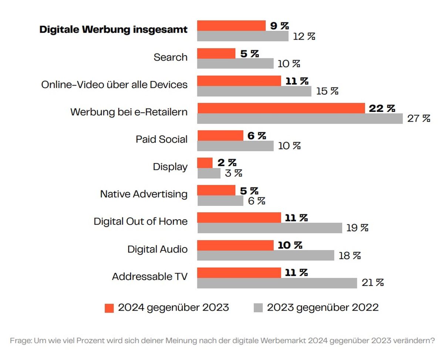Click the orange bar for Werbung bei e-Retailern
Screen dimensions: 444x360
(x=281, y=108)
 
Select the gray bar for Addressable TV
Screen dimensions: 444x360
(x=277, y=283)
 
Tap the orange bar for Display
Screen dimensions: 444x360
(x=205, y=163)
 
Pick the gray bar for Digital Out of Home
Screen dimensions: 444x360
(x=269, y=228)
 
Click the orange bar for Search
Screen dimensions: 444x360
(x=216, y=53)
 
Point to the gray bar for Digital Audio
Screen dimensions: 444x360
(x=266, y=256)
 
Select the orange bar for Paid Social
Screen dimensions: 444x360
(x=220, y=136)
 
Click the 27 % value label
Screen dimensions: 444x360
(x=418, y=119)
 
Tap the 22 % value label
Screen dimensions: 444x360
(x=382, y=108)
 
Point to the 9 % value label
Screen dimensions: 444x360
(x=279, y=26)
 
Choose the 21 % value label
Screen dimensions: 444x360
(x=373, y=283)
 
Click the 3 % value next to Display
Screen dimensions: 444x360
(x=233, y=173)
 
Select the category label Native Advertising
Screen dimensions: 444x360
(x=144, y=194)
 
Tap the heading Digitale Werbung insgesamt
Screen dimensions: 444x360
(x=113, y=29)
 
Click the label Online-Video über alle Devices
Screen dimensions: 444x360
(x=114, y=85)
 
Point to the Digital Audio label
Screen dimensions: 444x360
(x=157, y=249)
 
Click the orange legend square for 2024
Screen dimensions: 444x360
(x=109, y=308)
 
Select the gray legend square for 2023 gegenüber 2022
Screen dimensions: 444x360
(x=258, y=308)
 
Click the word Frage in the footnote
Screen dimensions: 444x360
(x=21, y=341)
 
